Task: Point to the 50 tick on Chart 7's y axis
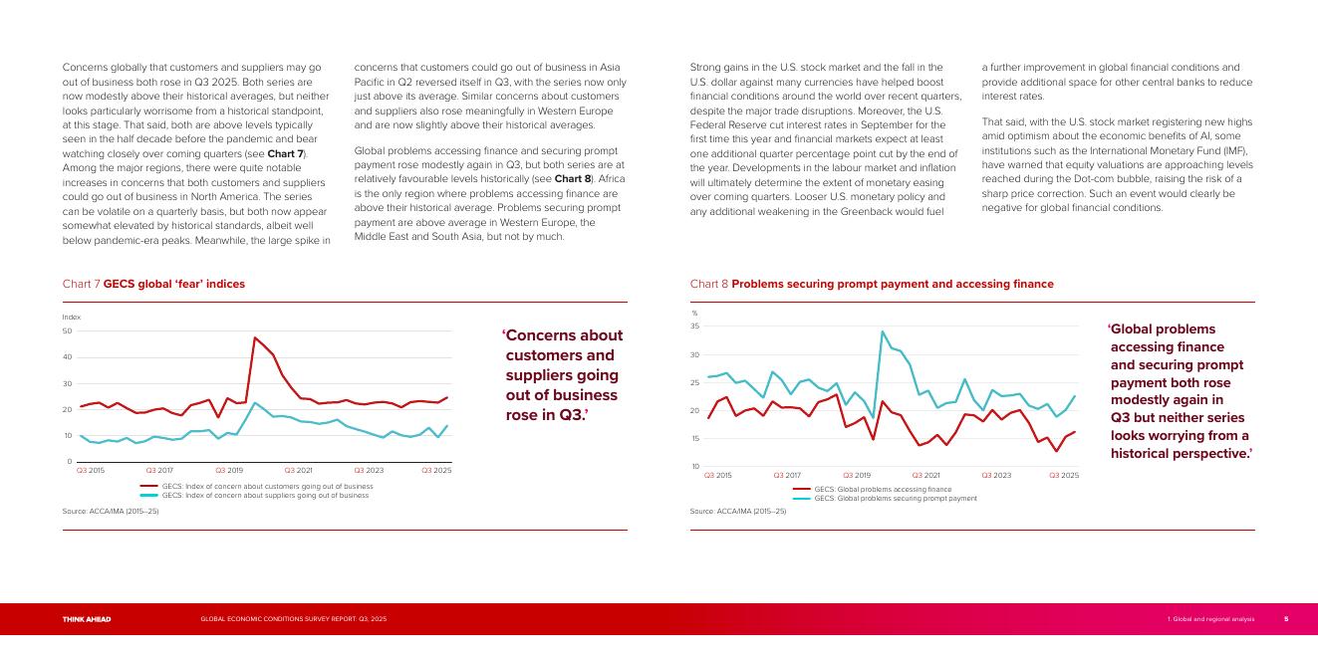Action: (67, 330)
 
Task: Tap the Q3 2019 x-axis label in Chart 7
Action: (229, 470)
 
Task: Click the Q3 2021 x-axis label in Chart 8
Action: (925, 475)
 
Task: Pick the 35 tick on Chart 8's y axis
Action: (694, 327)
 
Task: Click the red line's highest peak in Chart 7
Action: (255, 337)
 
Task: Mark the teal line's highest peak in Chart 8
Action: (883, 331)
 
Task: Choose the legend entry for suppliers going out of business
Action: (265, 495)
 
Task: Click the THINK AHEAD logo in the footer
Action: (87, 619)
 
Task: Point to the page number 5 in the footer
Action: (1285, 619)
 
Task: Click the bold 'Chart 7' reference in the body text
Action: (286, 154)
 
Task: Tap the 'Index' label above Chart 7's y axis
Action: (71, 317)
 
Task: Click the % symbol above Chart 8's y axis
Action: (694, 314)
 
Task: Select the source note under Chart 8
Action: (737, 511)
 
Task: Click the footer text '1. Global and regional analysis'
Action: (1210, 619)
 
